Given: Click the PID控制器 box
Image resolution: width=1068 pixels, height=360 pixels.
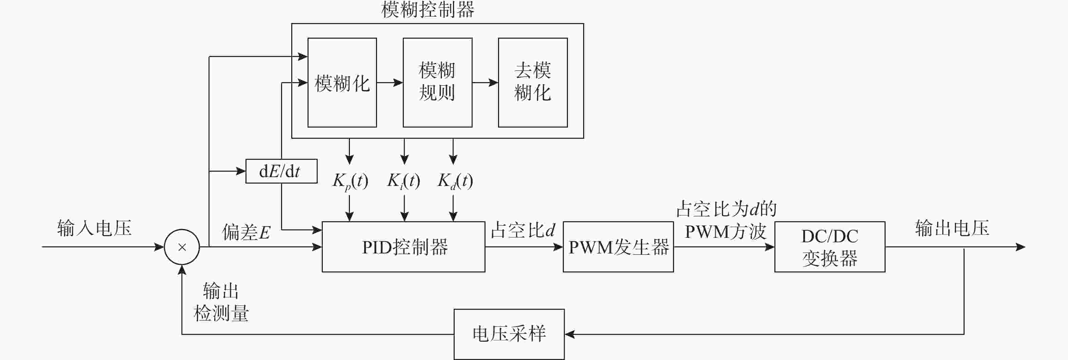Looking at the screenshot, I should (x=403, y=247).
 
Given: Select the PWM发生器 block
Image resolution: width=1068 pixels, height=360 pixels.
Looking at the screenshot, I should (x=618, y=247).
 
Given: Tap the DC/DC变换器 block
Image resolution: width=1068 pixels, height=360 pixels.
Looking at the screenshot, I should (x=829, y=247).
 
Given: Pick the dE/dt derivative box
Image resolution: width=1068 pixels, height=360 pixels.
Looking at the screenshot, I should (x=281, y=171).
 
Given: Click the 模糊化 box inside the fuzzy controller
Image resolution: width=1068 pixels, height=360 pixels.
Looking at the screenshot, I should (x=342, y=82).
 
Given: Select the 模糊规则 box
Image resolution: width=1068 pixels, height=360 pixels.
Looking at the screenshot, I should (x=437, y=82).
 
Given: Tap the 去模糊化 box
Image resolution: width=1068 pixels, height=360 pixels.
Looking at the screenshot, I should (x=533, y=82).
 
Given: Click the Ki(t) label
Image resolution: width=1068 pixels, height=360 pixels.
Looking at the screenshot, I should (x=403, y=181).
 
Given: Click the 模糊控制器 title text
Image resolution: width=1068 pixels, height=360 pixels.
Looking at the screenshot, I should (x=428, y=10).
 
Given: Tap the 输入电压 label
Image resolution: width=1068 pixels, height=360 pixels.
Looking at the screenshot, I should (x=94, y=228).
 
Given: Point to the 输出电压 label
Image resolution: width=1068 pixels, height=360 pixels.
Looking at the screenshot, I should (x=952, y=228).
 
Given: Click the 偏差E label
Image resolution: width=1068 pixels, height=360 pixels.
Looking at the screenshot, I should (x=246, y=232).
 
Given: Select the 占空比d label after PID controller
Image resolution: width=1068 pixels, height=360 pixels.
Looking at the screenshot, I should (x=523, y=230).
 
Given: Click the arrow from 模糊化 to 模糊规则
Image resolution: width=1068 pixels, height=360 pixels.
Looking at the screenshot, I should (x=390, y=82).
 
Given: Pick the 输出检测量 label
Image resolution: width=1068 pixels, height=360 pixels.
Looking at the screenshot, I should (x=221, y=302).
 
